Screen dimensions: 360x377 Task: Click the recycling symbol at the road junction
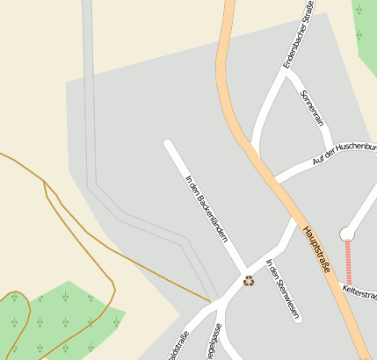point(249,281)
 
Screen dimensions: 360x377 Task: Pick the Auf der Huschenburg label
point(343,153)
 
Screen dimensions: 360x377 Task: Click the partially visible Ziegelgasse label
point(214,343)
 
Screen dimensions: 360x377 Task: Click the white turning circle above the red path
point(347,234)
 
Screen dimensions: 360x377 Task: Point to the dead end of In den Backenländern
point(168,143)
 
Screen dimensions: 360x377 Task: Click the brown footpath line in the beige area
point(132,263)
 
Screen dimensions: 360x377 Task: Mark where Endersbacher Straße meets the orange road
point(254,150)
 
